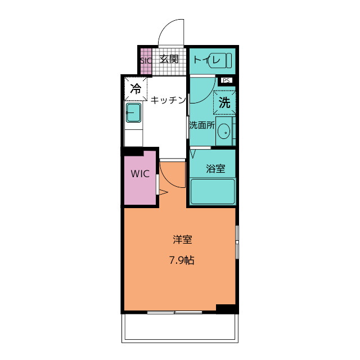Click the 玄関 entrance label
click(169, 59)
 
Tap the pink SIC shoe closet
click(146, 61)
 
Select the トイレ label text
click(206, 60)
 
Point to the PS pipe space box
click(226, 80)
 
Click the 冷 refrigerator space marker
click(136, 89)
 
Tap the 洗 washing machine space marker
click(224, 102)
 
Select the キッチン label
click(168, 100)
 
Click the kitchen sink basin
click(133, 112)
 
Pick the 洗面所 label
click(202, 125)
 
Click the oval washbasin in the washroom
click(224, 132)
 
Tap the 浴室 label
click(215, 169)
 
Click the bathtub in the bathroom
click(213, 191)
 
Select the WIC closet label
click(140, 174)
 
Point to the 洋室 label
click(182, 240)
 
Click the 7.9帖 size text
click(182, 260)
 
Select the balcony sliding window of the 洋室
click(174, 312)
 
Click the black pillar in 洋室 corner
click(226, 309)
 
